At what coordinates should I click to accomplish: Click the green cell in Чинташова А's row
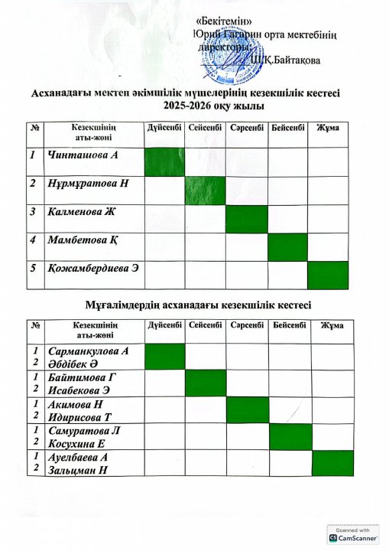pos(164,161)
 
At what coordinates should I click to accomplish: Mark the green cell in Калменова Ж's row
pos(247,219)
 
